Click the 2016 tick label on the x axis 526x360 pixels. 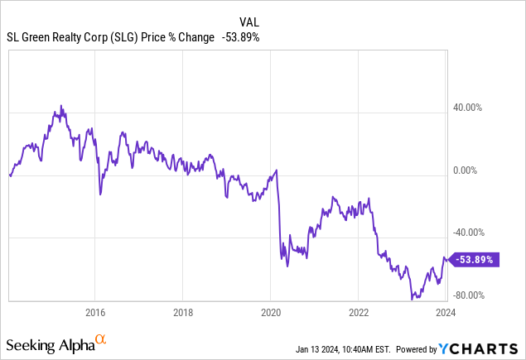click(94, 313)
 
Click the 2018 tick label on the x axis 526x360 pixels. click(182, 313)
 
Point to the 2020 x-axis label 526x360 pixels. click(270, 313)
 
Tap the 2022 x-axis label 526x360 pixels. click(358, 313)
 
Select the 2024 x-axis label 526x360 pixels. click(445, 313)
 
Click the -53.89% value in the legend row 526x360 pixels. click(239, 37)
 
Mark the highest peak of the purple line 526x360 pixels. click(60, 106)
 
